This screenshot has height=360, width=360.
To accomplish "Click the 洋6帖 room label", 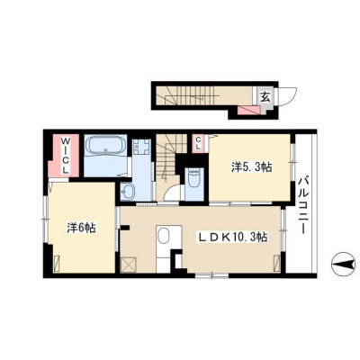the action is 81,229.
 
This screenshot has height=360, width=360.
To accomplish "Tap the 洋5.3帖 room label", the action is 251,167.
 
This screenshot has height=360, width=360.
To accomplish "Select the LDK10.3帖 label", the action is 232,238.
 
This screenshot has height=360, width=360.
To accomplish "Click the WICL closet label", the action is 66,156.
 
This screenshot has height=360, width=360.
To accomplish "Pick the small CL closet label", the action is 198,143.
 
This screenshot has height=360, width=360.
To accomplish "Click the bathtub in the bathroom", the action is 105,146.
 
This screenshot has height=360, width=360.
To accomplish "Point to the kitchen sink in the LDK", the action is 164,236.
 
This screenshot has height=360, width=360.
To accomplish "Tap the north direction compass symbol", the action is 343,265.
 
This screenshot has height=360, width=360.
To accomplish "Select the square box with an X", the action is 129,265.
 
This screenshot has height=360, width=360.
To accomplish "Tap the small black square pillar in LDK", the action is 125,228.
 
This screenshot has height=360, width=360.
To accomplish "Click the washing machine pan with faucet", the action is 141,147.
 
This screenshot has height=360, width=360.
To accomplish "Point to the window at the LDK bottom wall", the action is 212,274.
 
